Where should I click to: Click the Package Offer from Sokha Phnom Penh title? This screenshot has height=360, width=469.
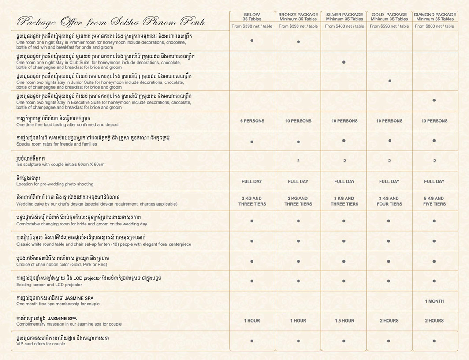(x=110, y=22)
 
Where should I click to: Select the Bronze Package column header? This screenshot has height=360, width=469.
(x=298, y=17)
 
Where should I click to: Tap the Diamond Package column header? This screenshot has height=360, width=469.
(x=435, y=17)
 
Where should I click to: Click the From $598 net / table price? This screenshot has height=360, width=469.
(x=389, y=26)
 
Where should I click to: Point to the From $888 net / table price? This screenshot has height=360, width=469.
(x=435, y=26)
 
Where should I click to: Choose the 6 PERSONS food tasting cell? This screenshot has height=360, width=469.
(x=252, y=121)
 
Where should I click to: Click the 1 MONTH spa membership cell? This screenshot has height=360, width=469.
(x=434, y=301)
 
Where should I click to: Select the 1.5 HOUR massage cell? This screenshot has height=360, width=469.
(x=344, y=321)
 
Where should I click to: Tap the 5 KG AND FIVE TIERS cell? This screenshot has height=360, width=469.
(x=434, y=201)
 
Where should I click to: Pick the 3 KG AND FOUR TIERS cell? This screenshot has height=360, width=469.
(x=389, y=201)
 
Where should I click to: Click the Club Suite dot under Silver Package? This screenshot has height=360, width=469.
(x=344, y=62)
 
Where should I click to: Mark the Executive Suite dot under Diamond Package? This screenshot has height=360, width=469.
(x=434, y=101)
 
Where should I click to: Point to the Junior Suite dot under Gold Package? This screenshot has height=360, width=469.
(x=390, y=81)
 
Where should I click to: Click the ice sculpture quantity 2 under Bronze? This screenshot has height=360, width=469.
(x=298, y=161)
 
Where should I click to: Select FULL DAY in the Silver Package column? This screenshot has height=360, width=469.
(x=344, y=181)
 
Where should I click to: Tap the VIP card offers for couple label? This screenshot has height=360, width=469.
(x=41, y=344)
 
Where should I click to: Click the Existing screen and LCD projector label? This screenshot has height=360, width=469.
(x=49, y=285)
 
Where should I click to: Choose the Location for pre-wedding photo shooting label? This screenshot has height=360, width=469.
(x=55, y=184)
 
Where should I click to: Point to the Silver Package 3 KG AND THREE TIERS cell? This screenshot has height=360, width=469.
(x=344, y=201)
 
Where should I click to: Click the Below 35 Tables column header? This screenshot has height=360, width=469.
(x=252, y=17)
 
